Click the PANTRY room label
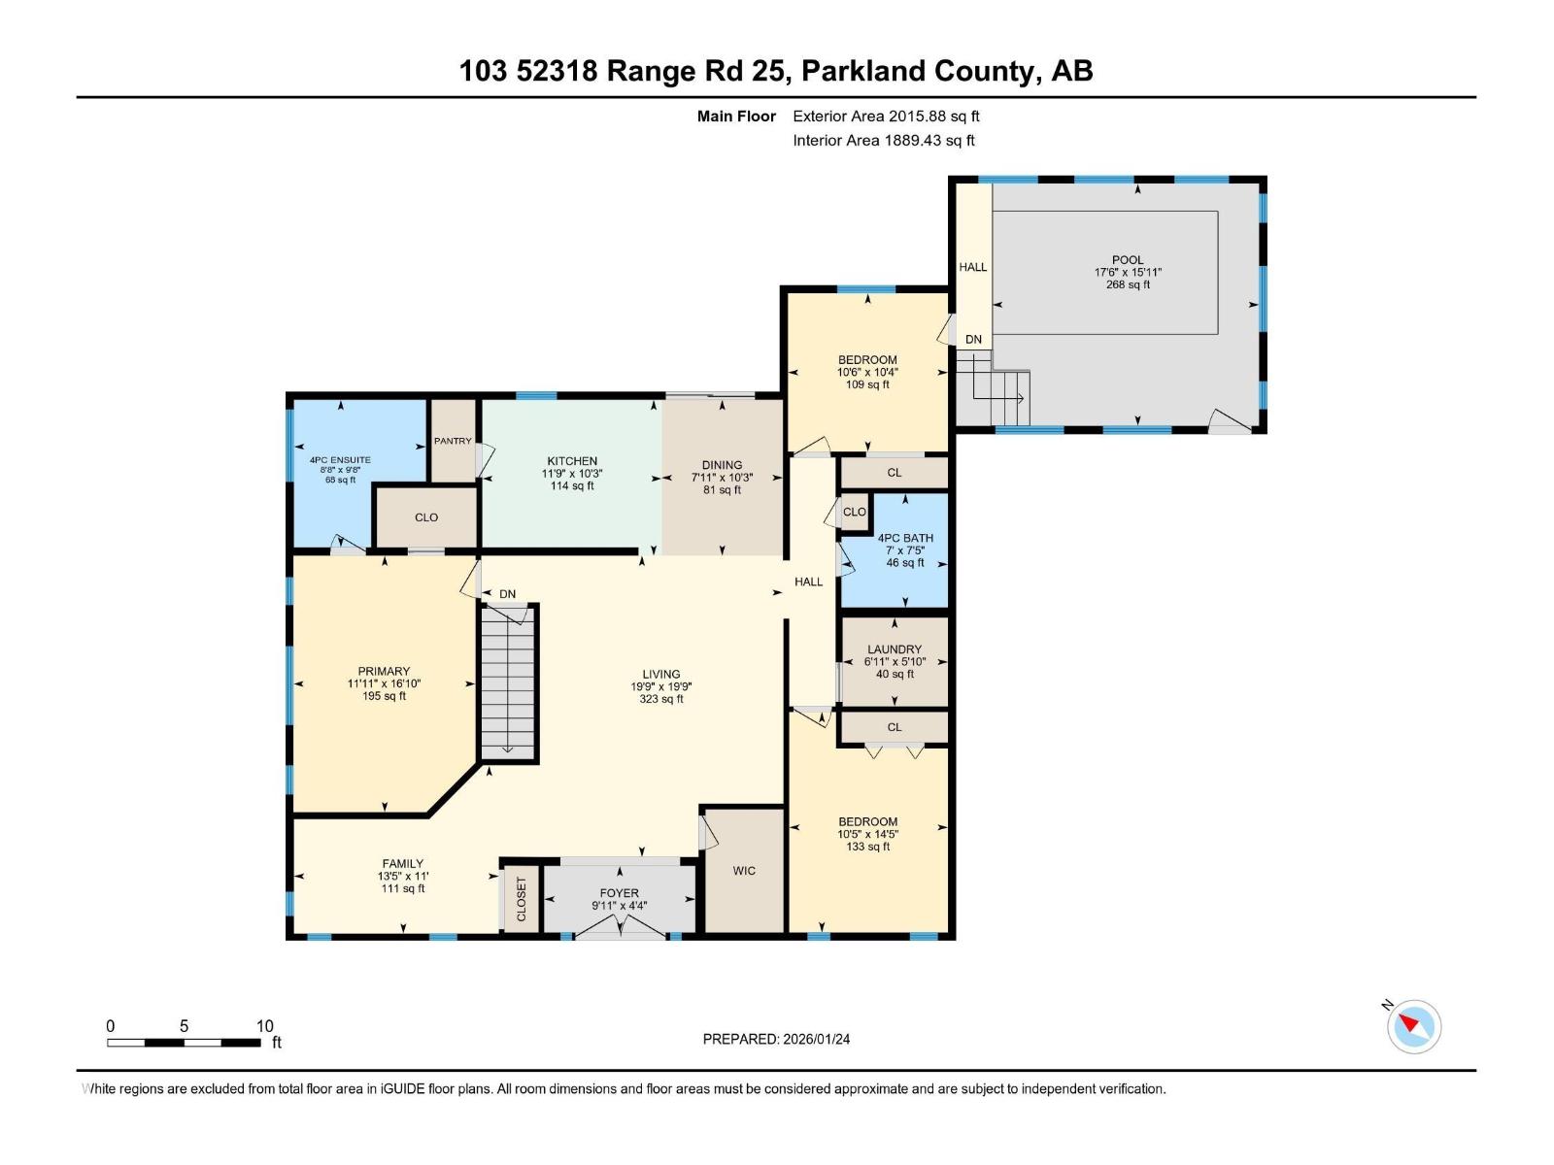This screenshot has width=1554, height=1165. [x=453, y=441]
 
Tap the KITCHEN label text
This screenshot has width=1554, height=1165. [x=572, y=461]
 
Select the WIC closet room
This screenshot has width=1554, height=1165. [x=744, y=871]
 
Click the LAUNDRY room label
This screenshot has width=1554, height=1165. [x=895, y=649]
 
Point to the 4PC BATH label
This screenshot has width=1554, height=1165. [x=905, y=538]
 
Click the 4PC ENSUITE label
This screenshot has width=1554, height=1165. [x=340, y=460]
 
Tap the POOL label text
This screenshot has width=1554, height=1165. [x=1128, y=260]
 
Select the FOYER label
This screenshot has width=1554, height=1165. [x=620, y=893]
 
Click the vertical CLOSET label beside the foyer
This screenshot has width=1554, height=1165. [x=522, y=900]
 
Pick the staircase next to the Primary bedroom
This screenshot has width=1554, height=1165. [x=508, y=680]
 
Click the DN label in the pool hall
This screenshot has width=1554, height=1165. [x=973, y=340]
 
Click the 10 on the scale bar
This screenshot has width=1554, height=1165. [x=264, y=1026]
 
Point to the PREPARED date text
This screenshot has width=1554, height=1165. [x=776, y=1039]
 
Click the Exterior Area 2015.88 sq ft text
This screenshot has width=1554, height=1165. [x=886, y=116]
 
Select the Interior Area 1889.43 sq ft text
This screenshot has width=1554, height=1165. [x=884, y=141]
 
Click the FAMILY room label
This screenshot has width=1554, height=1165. [x=402, y=863]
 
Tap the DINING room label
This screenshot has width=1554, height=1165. [x=722, y=465]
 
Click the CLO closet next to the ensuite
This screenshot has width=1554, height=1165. [x=426, y=517]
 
